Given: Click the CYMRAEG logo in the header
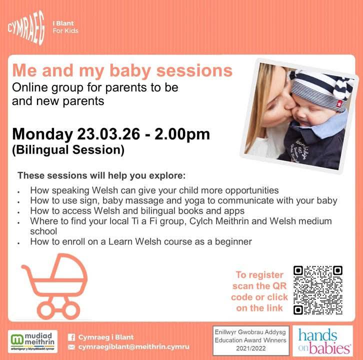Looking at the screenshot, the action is tap(26, 27).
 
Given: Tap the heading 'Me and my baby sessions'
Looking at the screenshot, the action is tap(122, 70).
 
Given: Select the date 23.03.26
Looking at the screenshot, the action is tap(108, 134).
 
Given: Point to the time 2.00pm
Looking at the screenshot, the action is tap(182, 134).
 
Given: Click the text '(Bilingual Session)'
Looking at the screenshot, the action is tap(68, 150).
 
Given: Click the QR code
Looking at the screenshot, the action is tap(318, 290).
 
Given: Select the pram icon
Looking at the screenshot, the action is tap(54, 286).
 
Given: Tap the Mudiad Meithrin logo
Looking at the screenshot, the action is tap(32, 341).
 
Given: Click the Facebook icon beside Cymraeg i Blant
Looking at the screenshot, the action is tap(71, 337).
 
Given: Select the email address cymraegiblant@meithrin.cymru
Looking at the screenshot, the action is tap(133, 347).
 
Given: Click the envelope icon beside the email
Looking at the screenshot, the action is tap(71, 347).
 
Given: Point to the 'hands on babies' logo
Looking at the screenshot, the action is tap(322, 341).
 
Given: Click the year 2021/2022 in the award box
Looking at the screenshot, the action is tap(250, 348).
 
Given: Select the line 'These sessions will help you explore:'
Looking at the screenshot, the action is tap(101, 175).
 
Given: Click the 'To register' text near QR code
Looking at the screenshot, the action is tap(259, 275).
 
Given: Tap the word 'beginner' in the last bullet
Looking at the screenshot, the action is tap(233, 242).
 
